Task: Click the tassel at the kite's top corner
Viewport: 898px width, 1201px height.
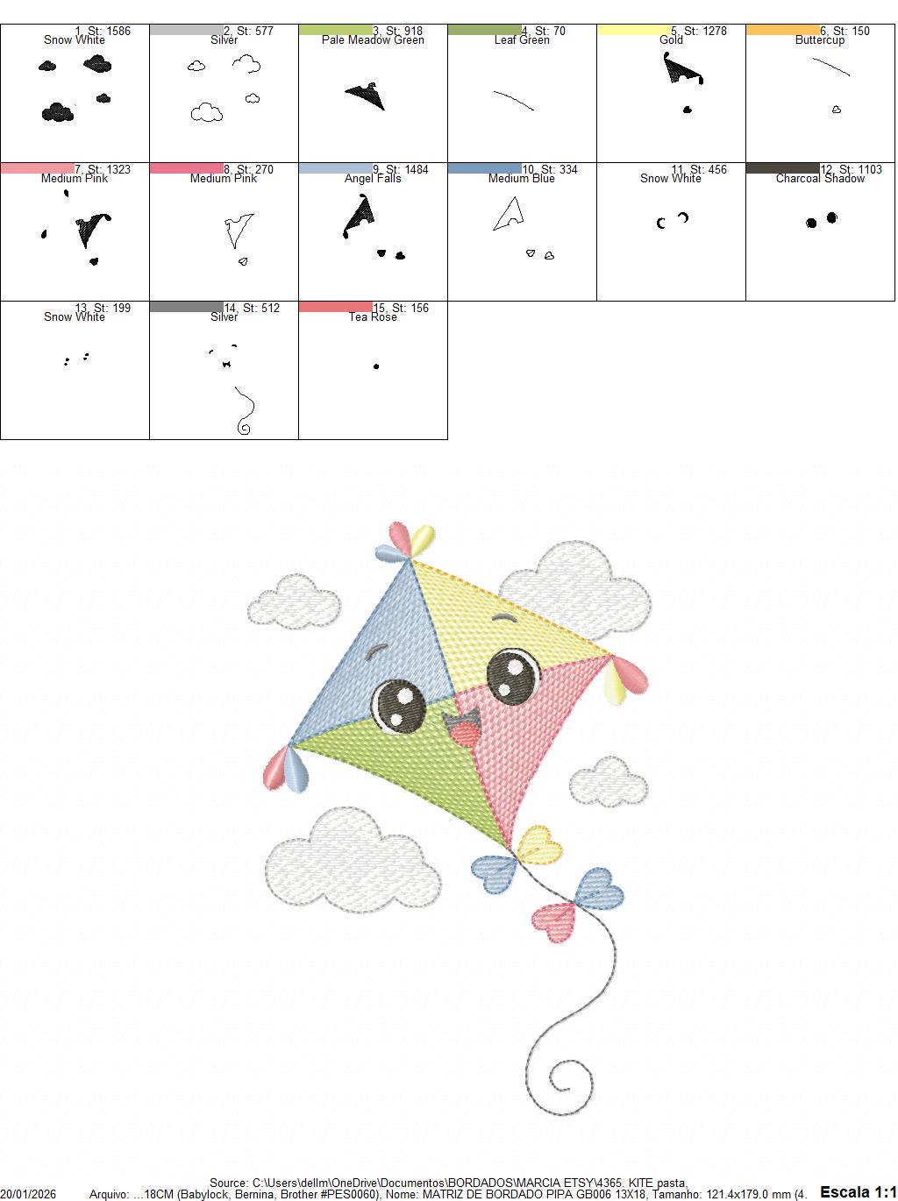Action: (410, 541)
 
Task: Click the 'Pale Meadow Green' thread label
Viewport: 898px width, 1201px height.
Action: (373, 40)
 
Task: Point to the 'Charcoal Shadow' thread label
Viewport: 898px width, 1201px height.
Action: (820, 179)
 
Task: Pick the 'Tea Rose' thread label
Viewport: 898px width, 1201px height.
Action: (373, 317)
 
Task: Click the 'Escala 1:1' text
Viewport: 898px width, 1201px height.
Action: (858, 1191)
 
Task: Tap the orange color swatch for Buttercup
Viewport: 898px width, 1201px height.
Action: (782, 30)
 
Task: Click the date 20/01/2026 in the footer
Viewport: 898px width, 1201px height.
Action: (28, 1194)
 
